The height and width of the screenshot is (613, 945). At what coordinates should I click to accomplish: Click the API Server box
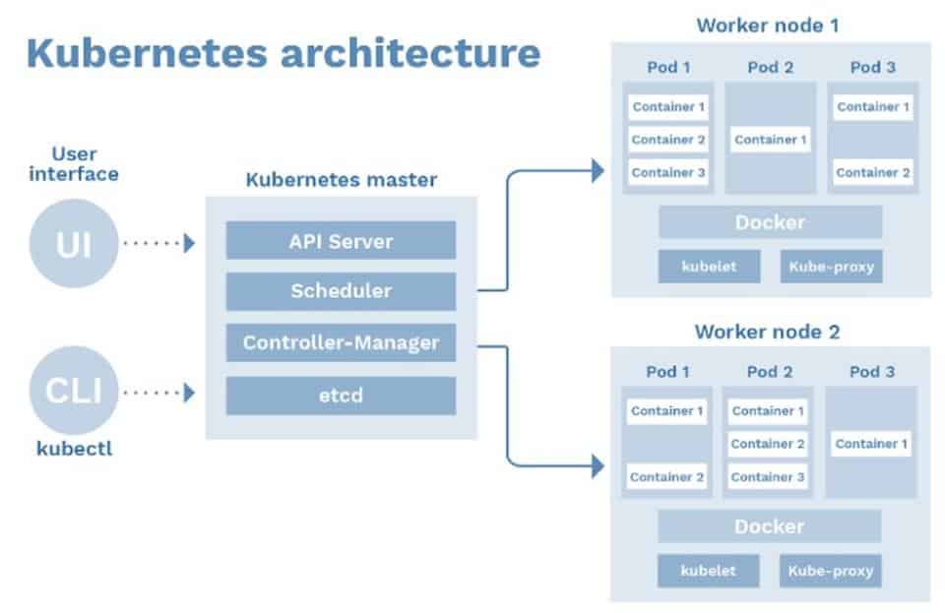(341, 240)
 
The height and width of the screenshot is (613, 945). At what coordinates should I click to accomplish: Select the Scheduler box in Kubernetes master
(341, 291)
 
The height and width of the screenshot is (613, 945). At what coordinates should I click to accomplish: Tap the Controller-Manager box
(341, 342)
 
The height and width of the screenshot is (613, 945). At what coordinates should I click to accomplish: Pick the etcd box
(341, 396)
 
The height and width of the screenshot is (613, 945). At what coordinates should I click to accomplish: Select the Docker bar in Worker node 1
(770, 222)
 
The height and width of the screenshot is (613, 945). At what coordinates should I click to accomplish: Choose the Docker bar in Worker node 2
(770, 526)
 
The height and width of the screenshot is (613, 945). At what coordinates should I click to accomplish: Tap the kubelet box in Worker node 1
(709, 267)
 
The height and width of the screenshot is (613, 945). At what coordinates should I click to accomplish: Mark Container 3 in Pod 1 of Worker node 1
(668, 172)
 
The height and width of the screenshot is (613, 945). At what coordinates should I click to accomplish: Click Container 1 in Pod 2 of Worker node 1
(771, 140)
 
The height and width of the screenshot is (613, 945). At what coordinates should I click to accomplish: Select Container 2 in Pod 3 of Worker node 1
(873, 172)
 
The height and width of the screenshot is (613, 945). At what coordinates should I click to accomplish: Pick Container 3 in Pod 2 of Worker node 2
(768, 477)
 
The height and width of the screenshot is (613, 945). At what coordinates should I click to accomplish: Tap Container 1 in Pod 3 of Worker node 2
(871, 444)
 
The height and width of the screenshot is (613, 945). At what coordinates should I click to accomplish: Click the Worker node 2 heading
(767, 332)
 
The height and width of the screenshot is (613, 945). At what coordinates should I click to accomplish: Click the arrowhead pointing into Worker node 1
(597, 171)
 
